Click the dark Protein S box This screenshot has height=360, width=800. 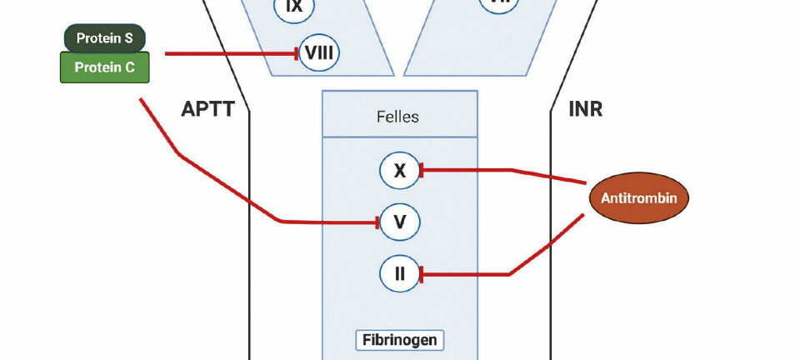click(x=105, y=37)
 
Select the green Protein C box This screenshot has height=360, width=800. click(x=105, y=67)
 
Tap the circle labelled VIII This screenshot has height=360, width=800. click(x=318, y=54)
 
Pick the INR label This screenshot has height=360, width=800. click(x=585, y=109)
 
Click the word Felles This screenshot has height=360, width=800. click(x=398, y=116)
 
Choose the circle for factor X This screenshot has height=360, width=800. click(x=400, y=171)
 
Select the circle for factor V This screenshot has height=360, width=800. click(x=400, y=222)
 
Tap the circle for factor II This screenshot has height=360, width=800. click(x=400, y=273)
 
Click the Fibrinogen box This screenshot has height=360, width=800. click(x=400, y=340)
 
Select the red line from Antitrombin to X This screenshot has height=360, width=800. click(x=508, y=171)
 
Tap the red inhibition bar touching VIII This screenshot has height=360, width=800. click(x=297, y=54)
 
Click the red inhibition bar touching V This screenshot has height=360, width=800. click(x=379, y=222)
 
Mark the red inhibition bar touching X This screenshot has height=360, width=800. click(x=422, y=171)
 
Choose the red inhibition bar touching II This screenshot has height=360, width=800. click(x=422, y=273)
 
